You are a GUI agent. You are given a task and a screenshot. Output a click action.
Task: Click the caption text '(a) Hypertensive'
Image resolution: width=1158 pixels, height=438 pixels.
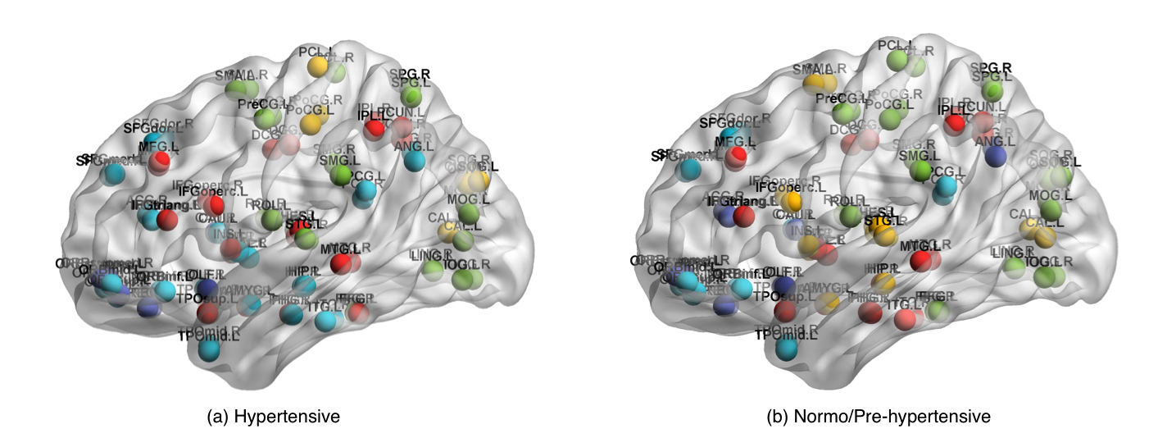(274, 417)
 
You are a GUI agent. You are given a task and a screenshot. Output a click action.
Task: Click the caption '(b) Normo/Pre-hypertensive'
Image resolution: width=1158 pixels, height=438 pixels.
(878, 417)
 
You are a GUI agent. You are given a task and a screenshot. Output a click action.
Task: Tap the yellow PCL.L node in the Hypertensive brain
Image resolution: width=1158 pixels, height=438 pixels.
(317, 66)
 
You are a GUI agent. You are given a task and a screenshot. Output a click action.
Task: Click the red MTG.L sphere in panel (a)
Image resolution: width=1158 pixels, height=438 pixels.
(341, 262)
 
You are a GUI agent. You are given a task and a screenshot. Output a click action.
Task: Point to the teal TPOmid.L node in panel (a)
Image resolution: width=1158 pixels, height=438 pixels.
(210, 349)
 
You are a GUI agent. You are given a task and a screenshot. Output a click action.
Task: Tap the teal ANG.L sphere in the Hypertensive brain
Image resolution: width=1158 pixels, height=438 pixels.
(415, 161)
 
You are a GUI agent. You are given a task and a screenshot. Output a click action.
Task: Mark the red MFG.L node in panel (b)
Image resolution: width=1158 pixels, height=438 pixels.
(739, 155)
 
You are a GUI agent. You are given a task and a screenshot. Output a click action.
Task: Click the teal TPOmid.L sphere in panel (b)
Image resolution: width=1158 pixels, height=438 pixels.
(788, 349)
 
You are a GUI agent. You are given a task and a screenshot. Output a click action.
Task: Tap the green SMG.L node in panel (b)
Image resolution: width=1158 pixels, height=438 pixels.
(920, 170)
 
